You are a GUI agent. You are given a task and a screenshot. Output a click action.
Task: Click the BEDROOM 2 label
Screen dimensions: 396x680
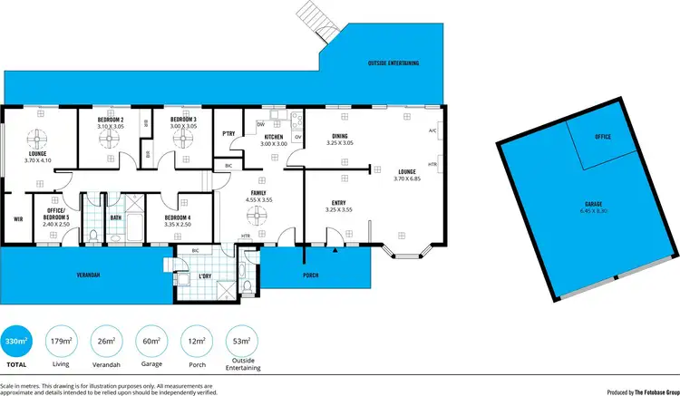[x=110, y=120]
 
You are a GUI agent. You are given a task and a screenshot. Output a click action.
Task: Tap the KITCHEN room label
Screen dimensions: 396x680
[x=273, y=138]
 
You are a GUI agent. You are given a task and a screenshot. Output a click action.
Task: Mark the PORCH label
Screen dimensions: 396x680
[x=311, y=275]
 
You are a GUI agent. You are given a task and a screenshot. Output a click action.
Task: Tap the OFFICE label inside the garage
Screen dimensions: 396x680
[x=603, y=136]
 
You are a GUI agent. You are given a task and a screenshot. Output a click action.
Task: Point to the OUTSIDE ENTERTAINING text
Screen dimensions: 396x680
[x=393, y=63]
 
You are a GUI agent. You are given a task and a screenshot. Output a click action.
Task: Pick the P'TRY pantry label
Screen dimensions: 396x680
[x=228, y=134]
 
